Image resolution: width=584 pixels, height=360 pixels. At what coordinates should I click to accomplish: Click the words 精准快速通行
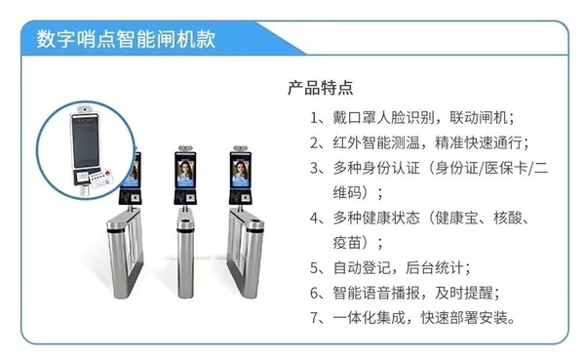coord(485,141)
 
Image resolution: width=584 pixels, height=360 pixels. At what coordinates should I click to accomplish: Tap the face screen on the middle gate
coord(187,175)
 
